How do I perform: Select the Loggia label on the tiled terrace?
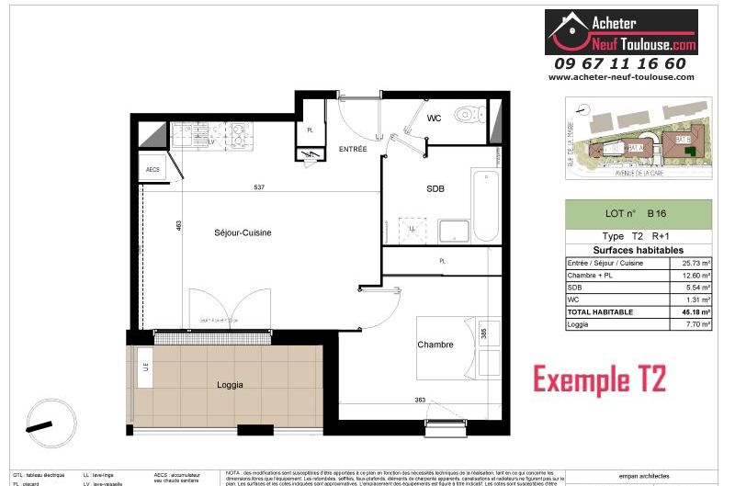coord(230,385)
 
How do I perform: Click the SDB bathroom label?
coord(435,189)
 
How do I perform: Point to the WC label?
coord(435,119)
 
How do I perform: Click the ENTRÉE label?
coord(353,148)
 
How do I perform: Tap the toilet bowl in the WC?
coord(469,115)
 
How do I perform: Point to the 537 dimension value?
coord(259,187)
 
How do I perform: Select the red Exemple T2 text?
coord(600,378)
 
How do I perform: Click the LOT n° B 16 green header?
coord(638,214)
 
